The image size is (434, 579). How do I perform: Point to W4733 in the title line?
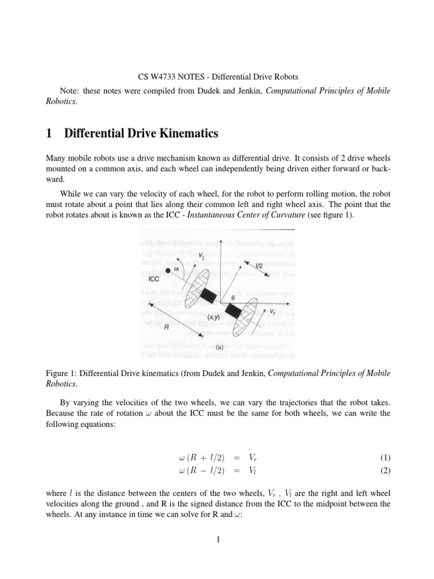[x=163, y=76]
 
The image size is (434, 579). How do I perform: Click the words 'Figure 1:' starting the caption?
[x=60, y=373]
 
